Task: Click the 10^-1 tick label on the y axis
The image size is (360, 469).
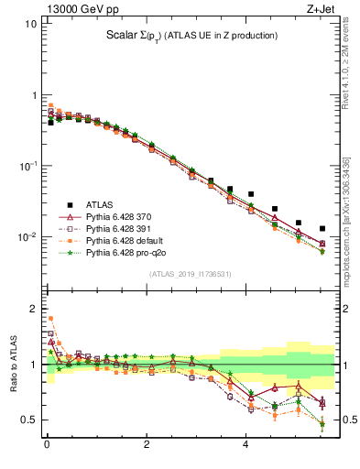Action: pos(27,166)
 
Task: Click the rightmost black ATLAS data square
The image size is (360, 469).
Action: pos(322,228)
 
